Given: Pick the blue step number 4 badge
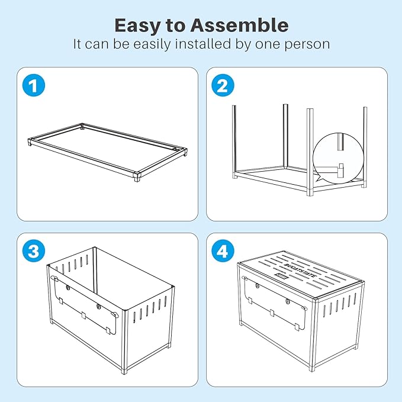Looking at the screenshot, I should pos(223,251).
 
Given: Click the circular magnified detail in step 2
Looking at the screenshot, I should pos(339,159).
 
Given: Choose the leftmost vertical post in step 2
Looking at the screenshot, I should pos(234,140).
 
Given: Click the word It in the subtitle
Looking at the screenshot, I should pos(78,44).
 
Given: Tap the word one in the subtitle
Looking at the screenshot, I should pos(273,44).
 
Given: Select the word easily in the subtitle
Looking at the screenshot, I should pos(157,44).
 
